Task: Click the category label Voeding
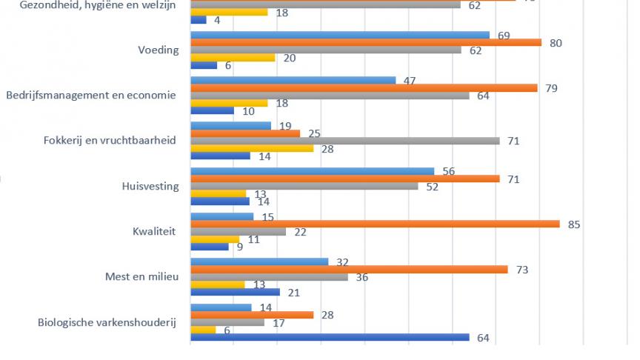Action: pyautogui.click(x=159, y=50)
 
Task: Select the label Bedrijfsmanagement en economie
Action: pyautogui.click(x=90, y=96)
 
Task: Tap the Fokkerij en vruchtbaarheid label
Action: pyautogui.click(x=110, y=141)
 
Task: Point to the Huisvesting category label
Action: pyautogui.click(x=150, y=186)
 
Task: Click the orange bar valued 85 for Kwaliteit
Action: pyautogui.click(x=375, y=224)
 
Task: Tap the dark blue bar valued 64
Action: pyautogui.click(x=330, y=338)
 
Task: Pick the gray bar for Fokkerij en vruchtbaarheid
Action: pyautogui.click(x=345, y=141)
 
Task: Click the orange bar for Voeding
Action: pyautogui.click(x=366, y=43)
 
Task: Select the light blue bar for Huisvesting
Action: pyautogui.click(x=312, y=171)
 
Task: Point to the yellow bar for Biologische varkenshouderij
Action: pyautogui.click(x=203, y=330)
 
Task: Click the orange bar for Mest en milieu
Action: pyautogui.click(x=349, y=270)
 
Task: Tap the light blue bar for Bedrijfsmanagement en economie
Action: pyautogui.click(x=293, y=80)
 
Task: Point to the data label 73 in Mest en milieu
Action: pyautogui.click(x=522, y=270)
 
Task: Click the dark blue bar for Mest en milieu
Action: pyautogui.click(x=235, y=292)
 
